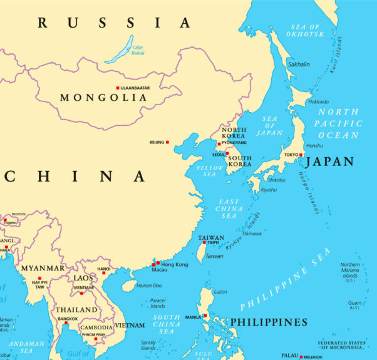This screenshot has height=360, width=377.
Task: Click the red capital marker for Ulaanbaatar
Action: [x=117, y=88]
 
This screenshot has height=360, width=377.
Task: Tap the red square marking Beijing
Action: [x=167, y=142]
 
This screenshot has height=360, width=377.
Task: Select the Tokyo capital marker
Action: [x=301, y=155]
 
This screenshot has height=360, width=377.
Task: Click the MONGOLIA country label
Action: [x=95, y=98]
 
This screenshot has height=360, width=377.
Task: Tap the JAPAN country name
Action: [x=330, y=162]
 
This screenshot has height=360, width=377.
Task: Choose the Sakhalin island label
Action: [x=298, y=64]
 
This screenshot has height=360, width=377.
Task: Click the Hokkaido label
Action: [x=318, y=101]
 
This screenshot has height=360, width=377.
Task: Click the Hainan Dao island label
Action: [x=149, y=285]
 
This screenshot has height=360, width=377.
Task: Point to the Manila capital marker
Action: [x=204, y=316]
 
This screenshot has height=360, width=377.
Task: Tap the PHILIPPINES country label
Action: [x=269, y=322]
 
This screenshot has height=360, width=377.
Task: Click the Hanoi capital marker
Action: [x=104, y=272]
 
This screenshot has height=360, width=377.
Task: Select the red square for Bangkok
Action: [x=66, y=323]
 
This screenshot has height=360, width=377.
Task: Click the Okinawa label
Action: [x=252, y=234]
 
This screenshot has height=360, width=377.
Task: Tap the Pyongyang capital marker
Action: [x=219, y=143]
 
